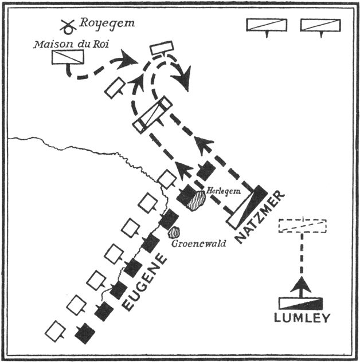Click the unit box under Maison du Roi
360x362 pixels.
tap(68, 57)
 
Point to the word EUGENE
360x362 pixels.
tap(146, 282)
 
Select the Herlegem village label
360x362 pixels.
tap(220, 191)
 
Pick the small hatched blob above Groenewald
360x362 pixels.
tap(173, 232)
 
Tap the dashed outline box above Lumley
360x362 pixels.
tap(302, 226)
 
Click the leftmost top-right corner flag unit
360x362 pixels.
tap(265, 26)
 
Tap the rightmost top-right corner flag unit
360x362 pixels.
tap(320, 26)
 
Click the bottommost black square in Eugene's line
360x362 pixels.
tap(85, 333)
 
